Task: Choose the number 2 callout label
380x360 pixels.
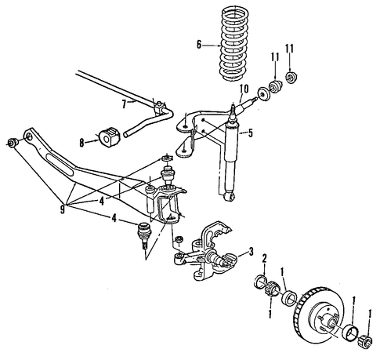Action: (x=264, y=258)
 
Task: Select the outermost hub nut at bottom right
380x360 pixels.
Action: (x=365, y=341)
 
